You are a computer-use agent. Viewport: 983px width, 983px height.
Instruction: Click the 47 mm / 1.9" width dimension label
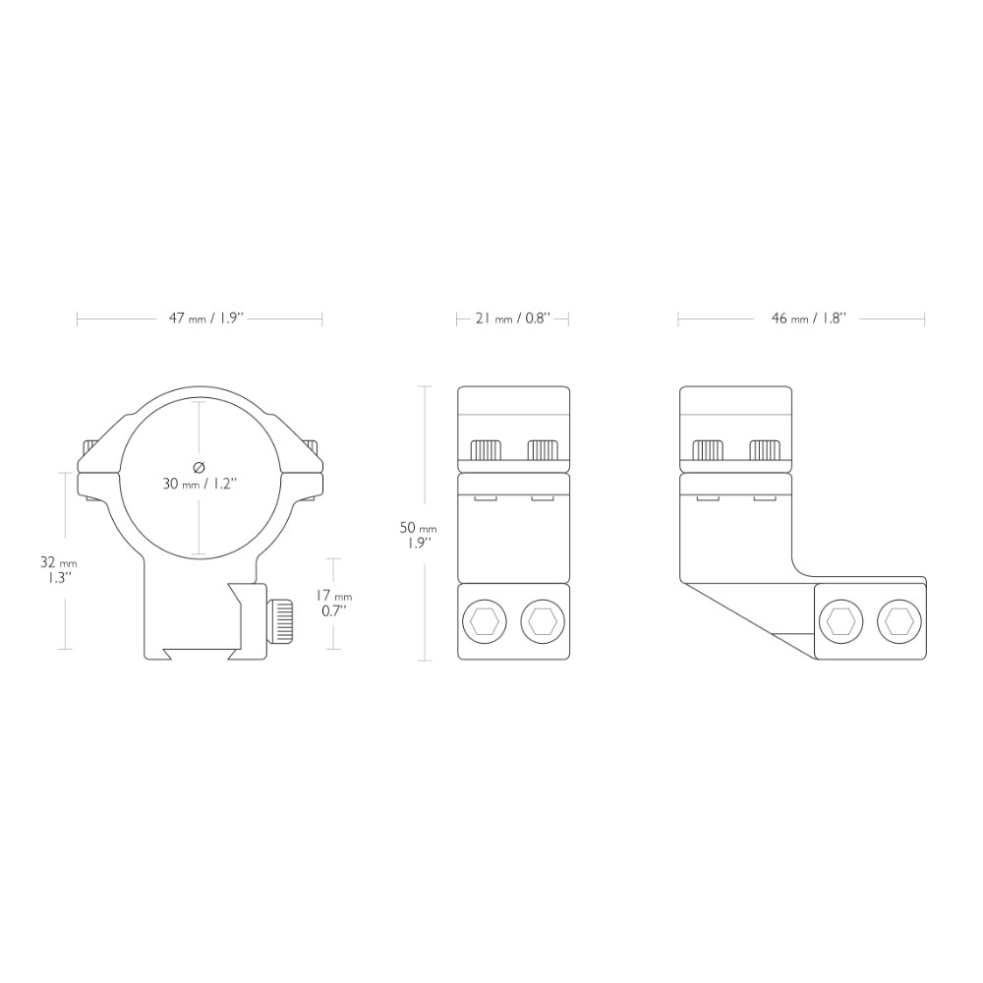(x=205, y=318)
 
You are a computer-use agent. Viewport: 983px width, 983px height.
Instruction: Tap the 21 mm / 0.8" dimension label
(x=513, y=318)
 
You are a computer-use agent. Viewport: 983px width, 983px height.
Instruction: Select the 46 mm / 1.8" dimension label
(x=809, y=318)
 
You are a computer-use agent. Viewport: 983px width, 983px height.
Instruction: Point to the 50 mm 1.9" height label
(x=418, y=535)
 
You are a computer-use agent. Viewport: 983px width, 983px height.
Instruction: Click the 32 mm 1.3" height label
(x=58, y=570)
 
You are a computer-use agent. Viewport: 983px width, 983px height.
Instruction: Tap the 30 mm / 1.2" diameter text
(x=200, y=484)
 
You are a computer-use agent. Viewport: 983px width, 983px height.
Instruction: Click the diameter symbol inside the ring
(x=200, y=466)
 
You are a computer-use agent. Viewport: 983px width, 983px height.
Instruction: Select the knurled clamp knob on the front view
(x=280, y=622)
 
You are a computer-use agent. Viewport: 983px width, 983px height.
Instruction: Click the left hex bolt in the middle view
(x=484, y=622)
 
